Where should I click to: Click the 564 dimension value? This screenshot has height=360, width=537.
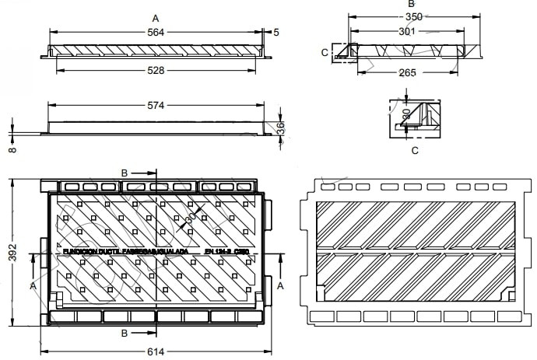point(156,32)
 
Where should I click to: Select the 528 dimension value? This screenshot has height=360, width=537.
point(156,71)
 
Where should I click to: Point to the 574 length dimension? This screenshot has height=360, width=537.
point(156,105)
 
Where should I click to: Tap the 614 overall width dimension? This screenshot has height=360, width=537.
point(156,351)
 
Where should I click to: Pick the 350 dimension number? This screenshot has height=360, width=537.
point(413,17)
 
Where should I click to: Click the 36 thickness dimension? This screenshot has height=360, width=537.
point(281,128)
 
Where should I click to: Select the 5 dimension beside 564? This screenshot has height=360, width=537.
point(276,32)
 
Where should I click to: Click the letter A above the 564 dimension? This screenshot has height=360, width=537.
point(156,17)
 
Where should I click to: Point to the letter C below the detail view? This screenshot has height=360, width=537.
point(414,150)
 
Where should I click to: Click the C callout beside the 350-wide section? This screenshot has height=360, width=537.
point(325,52)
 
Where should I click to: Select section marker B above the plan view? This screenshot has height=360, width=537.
point(125,172)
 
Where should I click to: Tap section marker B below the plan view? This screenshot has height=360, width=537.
point(125,332)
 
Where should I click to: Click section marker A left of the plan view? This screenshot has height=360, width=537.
point(32,285)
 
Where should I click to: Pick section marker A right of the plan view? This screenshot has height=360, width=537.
point(280,285)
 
